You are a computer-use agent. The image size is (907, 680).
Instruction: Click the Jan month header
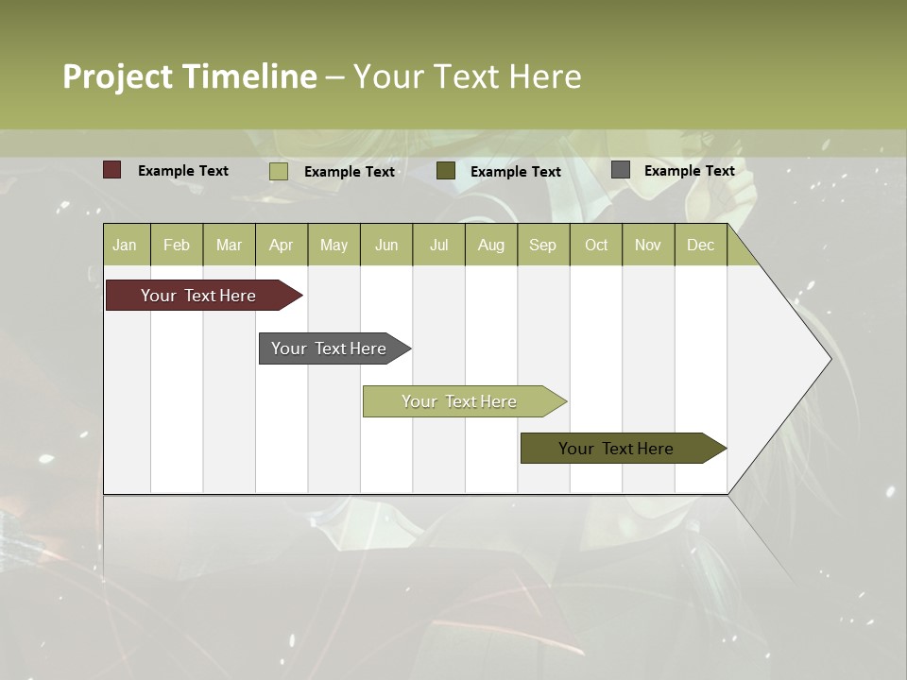pyautogui.click(x=125, y=246)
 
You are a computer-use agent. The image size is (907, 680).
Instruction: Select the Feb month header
pyautogui.click(x=177, y=246)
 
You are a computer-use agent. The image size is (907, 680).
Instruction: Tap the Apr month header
pyautogui.click(x=281, y=246)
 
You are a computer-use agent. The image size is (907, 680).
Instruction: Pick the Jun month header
pyautogui.click(x=386, y=246)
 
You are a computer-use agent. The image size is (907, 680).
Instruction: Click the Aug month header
pyautogui.click(x=490, y=246)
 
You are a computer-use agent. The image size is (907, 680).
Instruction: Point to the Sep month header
pyautogui.click(x=542, y=246)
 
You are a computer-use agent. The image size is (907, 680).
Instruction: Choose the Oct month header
pyautogui.click(x=596, y=246)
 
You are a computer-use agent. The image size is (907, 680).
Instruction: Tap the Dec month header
pyautogui.click(x=700, y=246)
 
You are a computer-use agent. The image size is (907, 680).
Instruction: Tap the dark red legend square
pyautogui.click(x=112, y=170)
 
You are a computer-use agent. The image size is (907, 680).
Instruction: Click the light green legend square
pyautogui.click(x=279, y=171)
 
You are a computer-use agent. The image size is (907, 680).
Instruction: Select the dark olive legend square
pyautogui.click(x=446, y=171)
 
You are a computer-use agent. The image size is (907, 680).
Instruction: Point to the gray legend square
pyautogui.click(x=621, y=170)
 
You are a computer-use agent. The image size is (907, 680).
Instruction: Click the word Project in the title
pyautogui.click(x=118, y=76)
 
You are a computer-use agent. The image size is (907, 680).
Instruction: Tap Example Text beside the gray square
pyautogui.click(x=689, y=171)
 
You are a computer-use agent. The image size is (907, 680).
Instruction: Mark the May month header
pyautogui.click(x=334, y=246)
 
